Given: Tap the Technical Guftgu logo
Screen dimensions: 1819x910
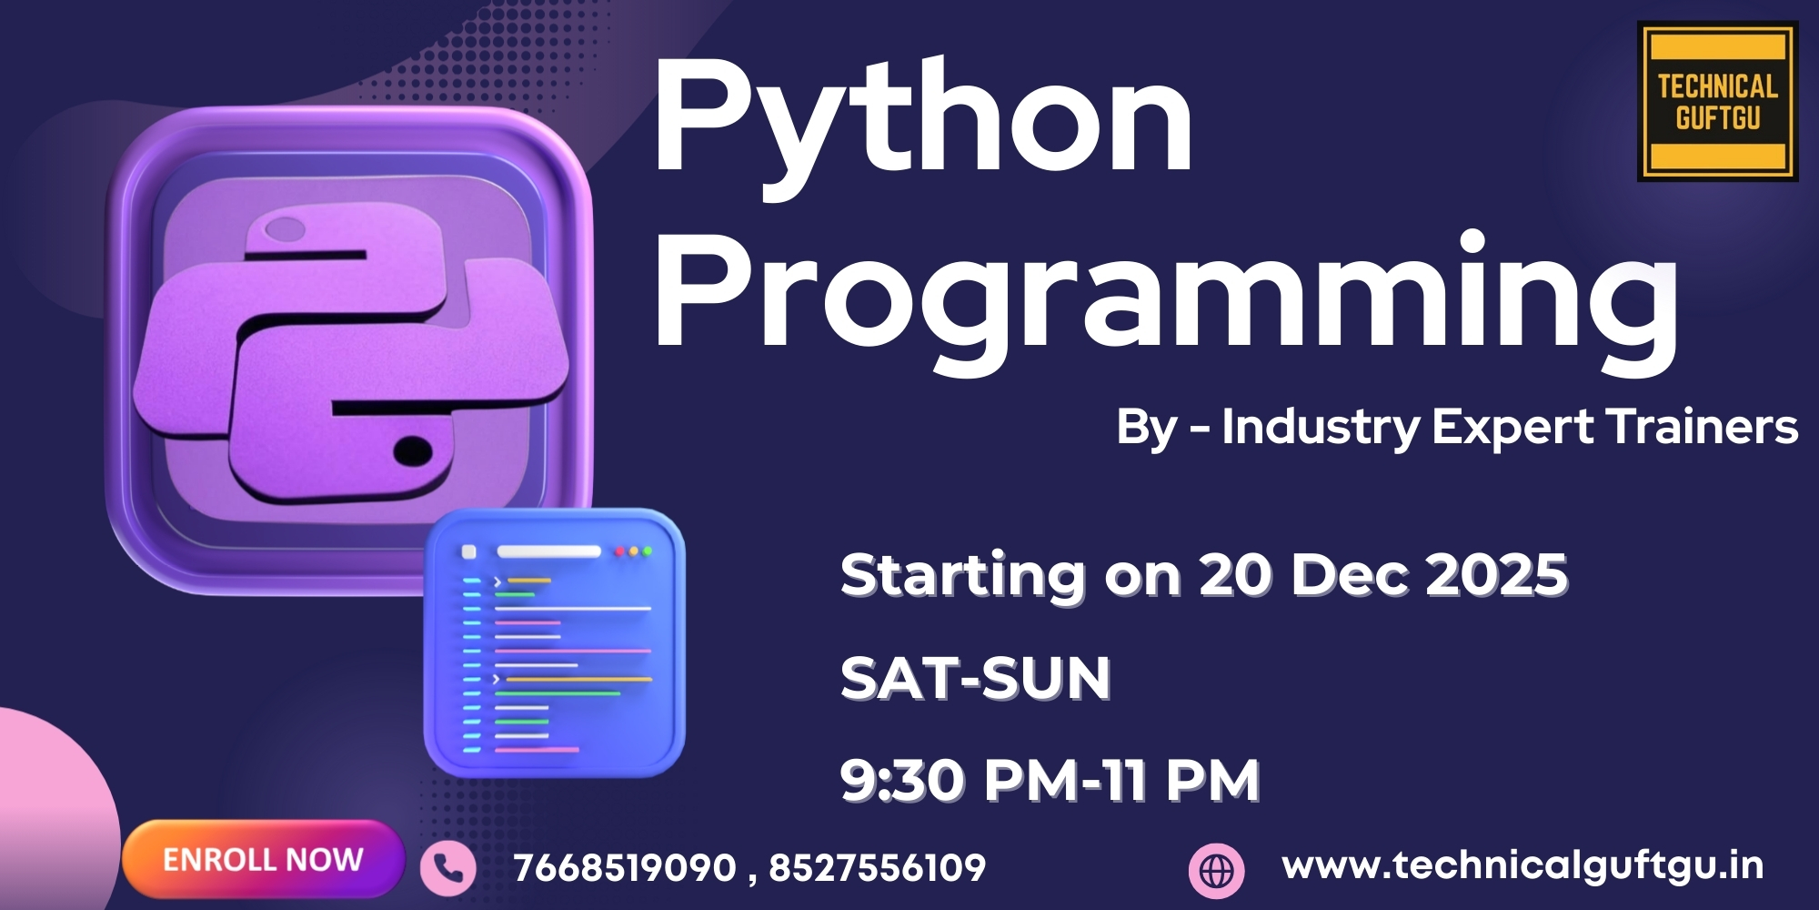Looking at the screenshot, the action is click(1717, 102).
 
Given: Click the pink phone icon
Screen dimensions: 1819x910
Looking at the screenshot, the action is click(447, 868).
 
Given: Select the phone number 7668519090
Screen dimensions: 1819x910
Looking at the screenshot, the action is click(625, 868).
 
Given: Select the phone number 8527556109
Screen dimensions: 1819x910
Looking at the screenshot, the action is click(878, 868).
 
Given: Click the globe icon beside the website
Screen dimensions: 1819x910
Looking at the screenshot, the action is click(1217, 870).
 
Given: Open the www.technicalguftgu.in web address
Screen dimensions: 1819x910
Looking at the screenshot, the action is click(1523, 866).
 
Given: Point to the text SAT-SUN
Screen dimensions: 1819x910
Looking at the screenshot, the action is click(975, 679).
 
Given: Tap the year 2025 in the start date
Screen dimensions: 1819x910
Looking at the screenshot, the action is click(1497, 575).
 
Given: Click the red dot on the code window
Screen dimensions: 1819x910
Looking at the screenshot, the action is click(620, 551).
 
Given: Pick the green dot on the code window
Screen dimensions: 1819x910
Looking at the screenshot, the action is click(648, 551).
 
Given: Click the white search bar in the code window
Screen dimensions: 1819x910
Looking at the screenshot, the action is click(548, 551).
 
